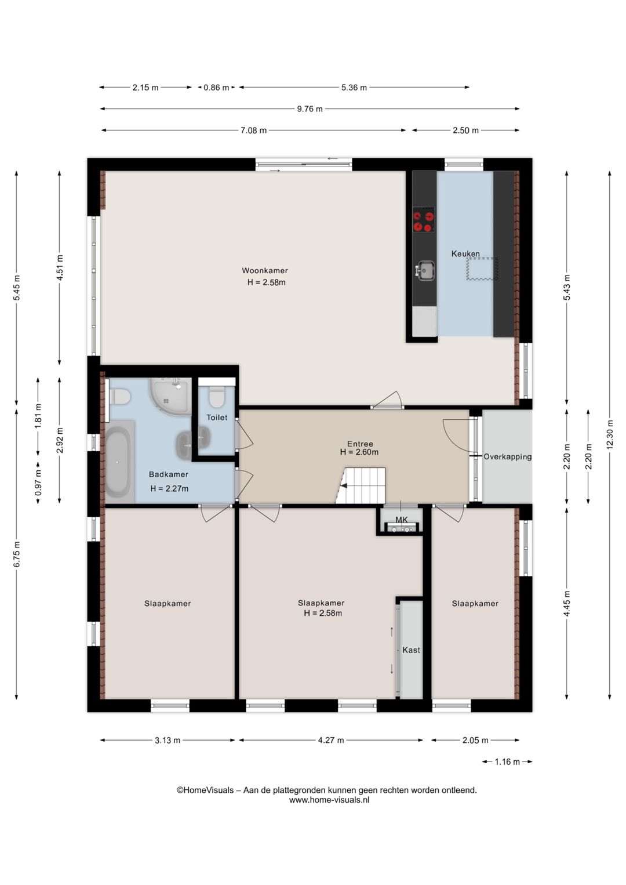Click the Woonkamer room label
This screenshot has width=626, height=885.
(265, 271)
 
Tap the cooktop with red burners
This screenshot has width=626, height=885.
(424, 219)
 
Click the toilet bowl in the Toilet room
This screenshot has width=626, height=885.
(216, 397)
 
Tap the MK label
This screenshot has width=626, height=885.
(401, 520)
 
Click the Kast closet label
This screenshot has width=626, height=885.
(411, 650)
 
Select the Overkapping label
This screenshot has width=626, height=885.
(508, 457)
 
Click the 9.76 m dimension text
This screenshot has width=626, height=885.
(310, 108)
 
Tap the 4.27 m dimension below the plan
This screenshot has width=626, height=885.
(331, 740)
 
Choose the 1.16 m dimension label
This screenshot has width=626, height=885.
(507, 761)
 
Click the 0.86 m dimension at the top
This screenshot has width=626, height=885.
(216, 88)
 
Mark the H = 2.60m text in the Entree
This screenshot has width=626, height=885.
(359, 452)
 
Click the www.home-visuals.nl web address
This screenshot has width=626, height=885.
(329, 800)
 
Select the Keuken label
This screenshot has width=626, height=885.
(465, 253)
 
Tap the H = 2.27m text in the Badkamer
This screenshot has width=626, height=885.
(169, 488)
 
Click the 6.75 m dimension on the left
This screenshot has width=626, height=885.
(17, 554)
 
